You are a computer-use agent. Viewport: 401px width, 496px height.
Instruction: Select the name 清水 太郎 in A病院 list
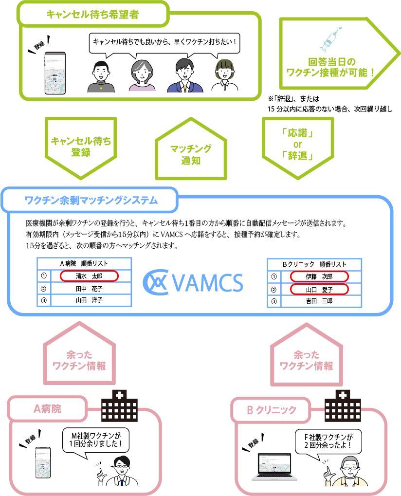[89, 276]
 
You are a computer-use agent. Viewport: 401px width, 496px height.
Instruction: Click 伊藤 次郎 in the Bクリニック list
[319, 276]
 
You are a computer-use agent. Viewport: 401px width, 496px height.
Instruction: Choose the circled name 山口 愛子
[319, 290]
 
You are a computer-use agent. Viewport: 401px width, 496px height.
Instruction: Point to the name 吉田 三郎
[319, 301]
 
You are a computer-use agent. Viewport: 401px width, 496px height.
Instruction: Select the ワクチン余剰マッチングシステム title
[91, 200]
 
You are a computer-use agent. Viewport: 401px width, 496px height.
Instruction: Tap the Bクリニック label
[271, 410]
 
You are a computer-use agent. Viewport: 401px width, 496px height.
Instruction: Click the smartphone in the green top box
[55, 72]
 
